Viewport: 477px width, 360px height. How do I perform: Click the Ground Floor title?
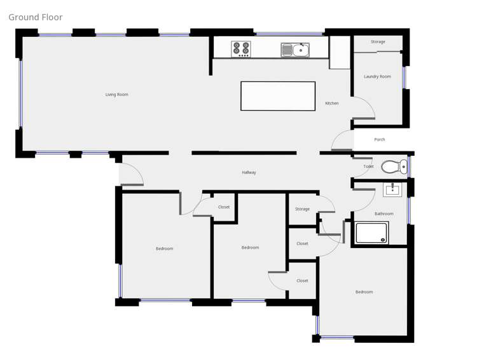[x=36, y=17]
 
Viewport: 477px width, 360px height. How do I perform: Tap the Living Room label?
[x=117, y=95]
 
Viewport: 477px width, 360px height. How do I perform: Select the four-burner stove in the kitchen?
[x=241, y=49]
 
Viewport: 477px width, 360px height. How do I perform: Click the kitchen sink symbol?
[x=296, y=50]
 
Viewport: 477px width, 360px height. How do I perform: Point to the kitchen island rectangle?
[x=278, y=96]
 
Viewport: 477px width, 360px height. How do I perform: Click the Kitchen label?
[x=332, y=103]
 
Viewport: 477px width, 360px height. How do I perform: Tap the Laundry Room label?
[x=377, y=76]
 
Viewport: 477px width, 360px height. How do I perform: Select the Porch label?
[x=380, y=139]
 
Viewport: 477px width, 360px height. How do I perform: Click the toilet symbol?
[x=394, y=167]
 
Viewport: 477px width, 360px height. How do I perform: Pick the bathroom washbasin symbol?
[x=392, y=189]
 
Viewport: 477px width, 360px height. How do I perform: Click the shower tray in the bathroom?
[x=371, y=233]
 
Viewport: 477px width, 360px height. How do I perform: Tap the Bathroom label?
[x=384, y=214]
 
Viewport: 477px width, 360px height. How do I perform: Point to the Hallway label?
[x=249, y=172]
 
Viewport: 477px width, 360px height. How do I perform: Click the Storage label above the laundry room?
[x=378, y=42]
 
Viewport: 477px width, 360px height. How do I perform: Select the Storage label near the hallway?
[x=302, y=209]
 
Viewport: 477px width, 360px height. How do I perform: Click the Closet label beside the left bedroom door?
[x=224, y=207]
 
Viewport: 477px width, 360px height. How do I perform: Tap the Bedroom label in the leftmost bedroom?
[x=165, y=249]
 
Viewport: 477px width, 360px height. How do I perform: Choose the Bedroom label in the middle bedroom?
[x=250, y=247]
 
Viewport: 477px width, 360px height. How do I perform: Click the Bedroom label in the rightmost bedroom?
[x=364, y=292]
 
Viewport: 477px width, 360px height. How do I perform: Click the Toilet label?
[x=368, y=167]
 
